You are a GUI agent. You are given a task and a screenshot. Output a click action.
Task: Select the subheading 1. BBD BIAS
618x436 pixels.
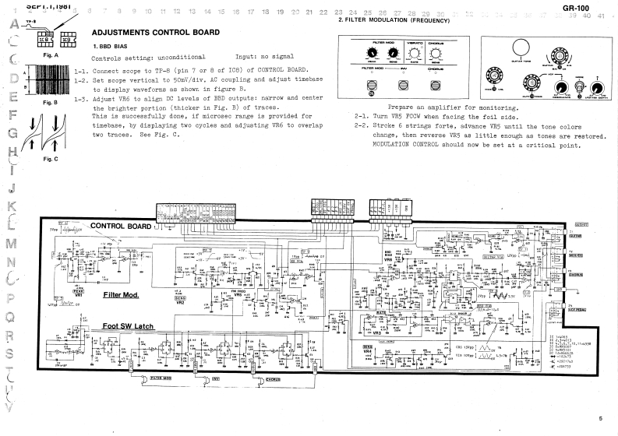(x=111, y=47)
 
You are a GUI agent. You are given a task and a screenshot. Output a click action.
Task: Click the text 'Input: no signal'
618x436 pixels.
(x=262, y=58)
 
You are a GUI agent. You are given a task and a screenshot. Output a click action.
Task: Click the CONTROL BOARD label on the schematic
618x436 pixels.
(x=121, y=226)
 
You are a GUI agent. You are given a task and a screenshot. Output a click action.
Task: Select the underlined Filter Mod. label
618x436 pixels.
(x=121, y=295)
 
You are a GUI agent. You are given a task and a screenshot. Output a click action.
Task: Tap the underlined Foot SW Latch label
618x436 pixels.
(x=127, y=326)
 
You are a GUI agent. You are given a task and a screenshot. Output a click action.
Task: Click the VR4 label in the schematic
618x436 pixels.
(x=368, y=351)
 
